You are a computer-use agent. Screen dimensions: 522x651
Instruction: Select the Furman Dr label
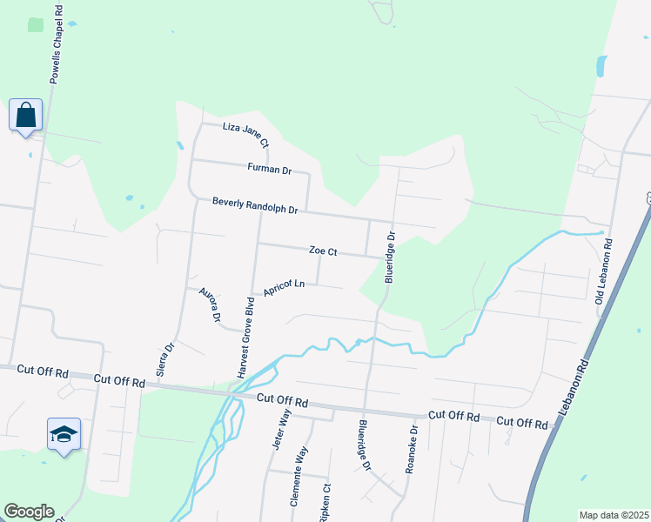pos(269,169)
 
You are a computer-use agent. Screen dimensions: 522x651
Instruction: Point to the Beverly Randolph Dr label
pos(255,206)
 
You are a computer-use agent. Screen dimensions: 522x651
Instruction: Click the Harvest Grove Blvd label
pos(246,338)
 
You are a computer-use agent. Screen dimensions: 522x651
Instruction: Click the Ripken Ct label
pos(326,503)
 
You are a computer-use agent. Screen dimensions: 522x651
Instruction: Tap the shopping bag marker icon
pos(26,115)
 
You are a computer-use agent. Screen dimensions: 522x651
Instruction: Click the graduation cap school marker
pos(64,433)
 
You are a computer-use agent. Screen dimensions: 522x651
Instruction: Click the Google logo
pos(29,511)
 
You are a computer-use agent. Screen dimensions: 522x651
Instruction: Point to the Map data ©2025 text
pos(614,515)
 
